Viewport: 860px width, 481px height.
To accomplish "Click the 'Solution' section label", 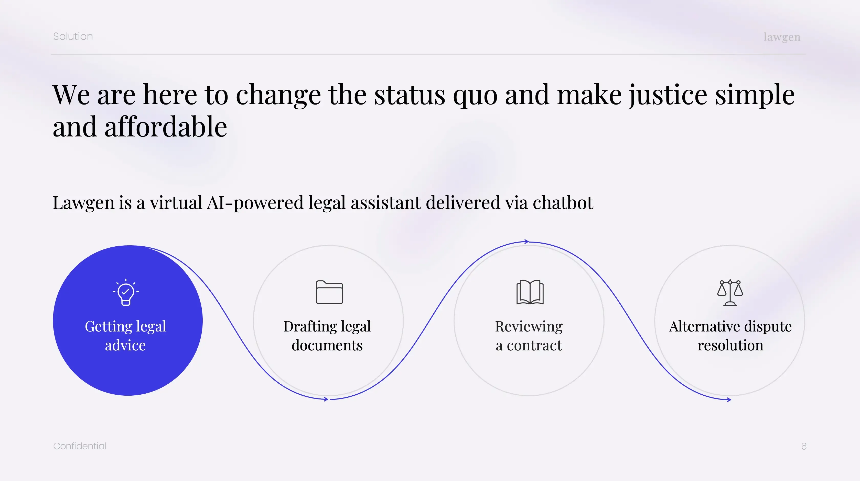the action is tap(73, 36).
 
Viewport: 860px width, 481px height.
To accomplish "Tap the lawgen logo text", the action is tap(782, 37).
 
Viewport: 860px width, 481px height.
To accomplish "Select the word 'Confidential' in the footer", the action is tap(80, 446).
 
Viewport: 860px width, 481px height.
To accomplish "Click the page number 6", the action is tap(804, 446).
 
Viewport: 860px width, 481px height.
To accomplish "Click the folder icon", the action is tap(329, 292).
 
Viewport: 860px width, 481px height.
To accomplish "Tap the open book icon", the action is tap(530, 292).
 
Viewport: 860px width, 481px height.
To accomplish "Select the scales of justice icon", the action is tap(730, 292).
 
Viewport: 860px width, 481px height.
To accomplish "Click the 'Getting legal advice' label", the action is tap(125, 336).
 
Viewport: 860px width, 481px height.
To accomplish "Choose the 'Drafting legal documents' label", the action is tap(327, 336).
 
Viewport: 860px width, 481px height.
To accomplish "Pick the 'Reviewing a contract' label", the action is tap(529, 336).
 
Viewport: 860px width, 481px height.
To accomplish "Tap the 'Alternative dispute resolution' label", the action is tap(730, 336).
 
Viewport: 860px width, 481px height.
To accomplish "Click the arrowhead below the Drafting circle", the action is tap(326, 399).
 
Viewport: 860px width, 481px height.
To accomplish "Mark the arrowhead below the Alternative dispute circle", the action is tap(729, 399).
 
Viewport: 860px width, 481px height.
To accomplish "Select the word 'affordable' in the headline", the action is tap(166, 127).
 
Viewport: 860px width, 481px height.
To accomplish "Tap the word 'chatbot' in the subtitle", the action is tap(563, 203).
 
